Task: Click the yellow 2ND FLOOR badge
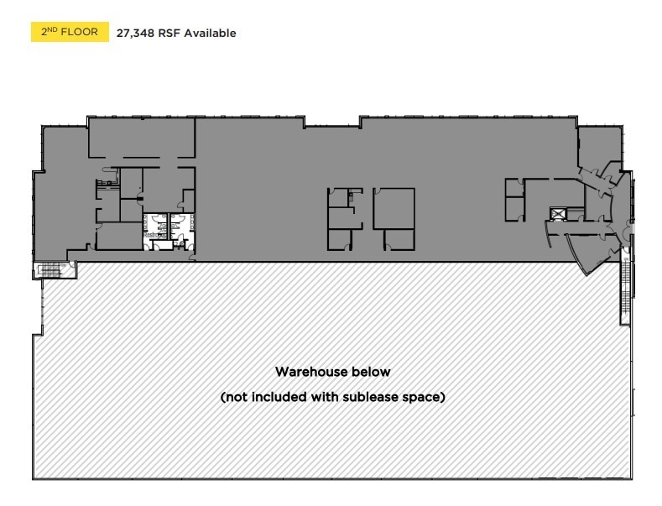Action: [70, 33]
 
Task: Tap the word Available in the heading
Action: [208, 34]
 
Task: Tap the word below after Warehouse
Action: [371, 371]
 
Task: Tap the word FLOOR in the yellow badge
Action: [81, 33]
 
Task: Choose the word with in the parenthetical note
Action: [325, 397]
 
